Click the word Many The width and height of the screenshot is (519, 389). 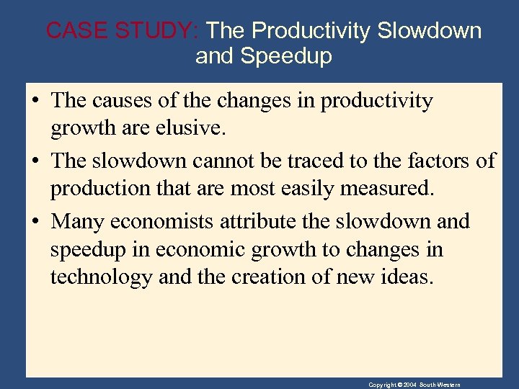pos(78,220)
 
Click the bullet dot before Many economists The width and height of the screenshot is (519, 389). pos(35,220)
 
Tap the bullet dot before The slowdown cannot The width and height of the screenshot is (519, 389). pos(35,161)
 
